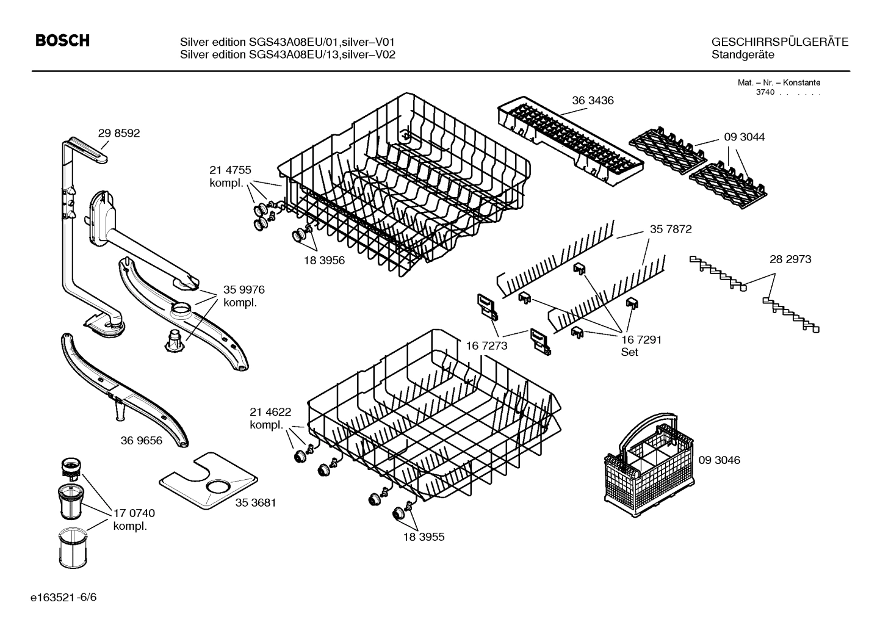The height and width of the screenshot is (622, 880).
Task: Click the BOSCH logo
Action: pyautogui.click(x=63, y=41)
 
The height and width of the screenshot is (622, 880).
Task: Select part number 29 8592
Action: pyautogui.click(x=118, y=133)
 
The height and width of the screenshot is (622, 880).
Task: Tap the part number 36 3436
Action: pyautogui.click(x=593, y=100)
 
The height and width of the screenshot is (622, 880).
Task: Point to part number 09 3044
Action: pyautogui.click(x=744, y=137)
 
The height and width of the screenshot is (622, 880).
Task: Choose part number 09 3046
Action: pyautogui.click(x=718, y=460)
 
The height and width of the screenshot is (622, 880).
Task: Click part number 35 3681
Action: pyautogui.click(x=256, y=503)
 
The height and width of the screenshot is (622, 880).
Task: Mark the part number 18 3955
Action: pyautogui.click(x=423, y=537)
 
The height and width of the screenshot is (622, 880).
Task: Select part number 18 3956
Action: pyautogui.click(x=324, y=260)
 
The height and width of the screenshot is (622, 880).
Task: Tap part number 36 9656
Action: pyautogui.click(x=142, y=440)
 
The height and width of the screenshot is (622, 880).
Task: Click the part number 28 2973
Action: pyautogui.click(x=790, y=259)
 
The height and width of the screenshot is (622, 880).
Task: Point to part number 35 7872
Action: pyautogui.click(x=671, y=230)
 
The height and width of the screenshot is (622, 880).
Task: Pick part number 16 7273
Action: pyautogui.click(x=486, y=345)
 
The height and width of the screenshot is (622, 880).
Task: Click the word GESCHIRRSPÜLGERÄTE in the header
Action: pyautogui.click(x=779, y=42)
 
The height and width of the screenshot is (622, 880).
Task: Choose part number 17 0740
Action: pyautogui.click(x=134, y=514)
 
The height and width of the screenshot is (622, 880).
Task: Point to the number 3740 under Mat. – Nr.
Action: pyautogui.click(x=764, y=93)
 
